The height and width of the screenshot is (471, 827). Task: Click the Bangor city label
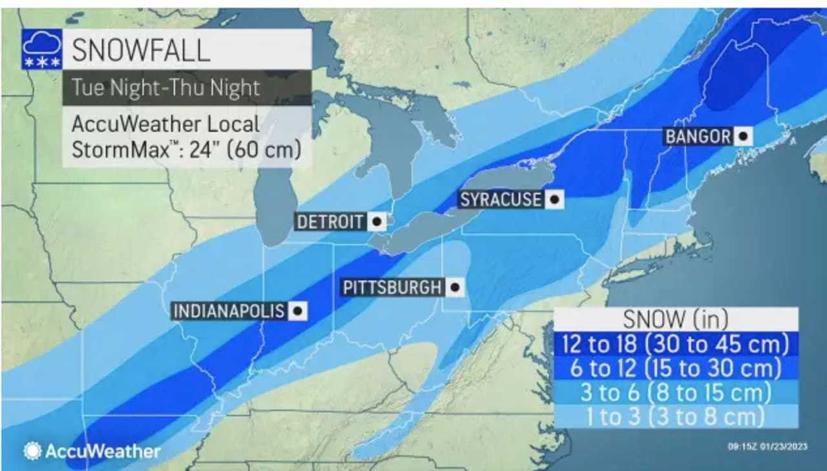(x=698, y=137)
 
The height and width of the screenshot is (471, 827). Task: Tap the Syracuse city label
(x=500, y=199)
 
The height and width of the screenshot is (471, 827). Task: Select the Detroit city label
(x=330, y=222)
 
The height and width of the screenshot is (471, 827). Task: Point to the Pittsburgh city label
(x=392, y=287)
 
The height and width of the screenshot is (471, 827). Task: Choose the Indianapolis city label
(x=229, y=311)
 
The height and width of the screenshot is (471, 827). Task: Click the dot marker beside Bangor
(x=743, y=137)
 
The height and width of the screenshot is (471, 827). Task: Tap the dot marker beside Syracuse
(x=554, y=199)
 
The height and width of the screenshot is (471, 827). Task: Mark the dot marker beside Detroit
(x=377, y=222)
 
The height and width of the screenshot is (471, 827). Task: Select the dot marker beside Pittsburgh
(x=455, y=287)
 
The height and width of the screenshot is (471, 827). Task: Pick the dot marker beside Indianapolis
(x=297, y=311)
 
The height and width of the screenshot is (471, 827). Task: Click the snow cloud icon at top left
(x=42, y=49)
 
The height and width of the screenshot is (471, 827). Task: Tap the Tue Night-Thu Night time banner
(x=166, y=87)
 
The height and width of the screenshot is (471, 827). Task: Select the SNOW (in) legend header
(x=675, y=319)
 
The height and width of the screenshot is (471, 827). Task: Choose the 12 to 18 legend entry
(x=675, y=344)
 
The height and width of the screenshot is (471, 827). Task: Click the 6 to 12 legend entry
(x=675, y=368)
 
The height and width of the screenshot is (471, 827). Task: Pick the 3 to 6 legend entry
(x=675, y=392)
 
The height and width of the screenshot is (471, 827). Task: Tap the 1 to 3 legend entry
(x=675, y=416)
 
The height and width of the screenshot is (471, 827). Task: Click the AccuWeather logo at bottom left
(x=92, y=451)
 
